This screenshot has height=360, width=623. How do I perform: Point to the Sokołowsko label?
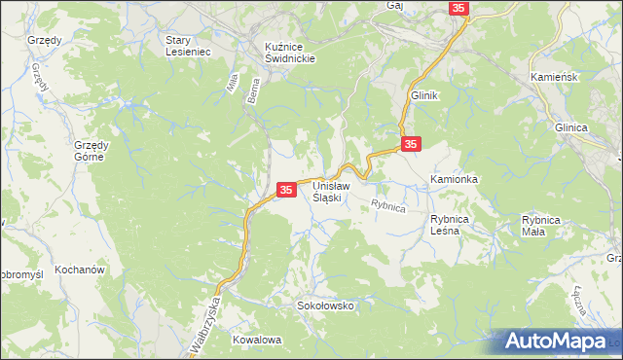pos(325,306)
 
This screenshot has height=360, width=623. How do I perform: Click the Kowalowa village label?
pos(257,340)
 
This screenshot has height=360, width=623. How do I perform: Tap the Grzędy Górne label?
pos(95,151)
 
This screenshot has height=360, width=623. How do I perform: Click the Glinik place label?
pos(425,96)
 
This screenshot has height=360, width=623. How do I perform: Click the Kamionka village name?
pos(455,180)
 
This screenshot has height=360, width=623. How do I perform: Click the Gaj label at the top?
pos(394,6)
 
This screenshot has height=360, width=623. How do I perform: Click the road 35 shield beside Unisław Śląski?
pos(286,190)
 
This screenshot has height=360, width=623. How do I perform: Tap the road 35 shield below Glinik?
pos(411,144)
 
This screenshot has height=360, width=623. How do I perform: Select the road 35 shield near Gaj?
pos(459,8)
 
